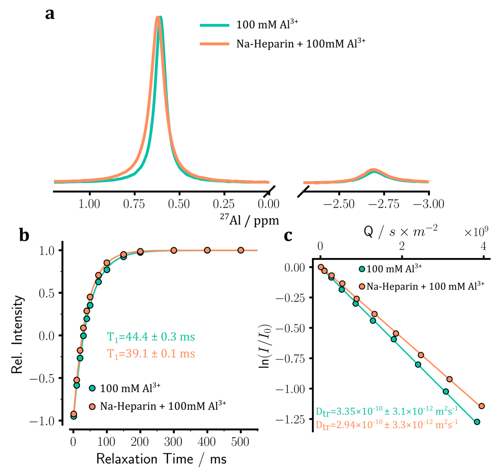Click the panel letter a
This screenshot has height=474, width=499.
pyautogui.click(x=50, y=14)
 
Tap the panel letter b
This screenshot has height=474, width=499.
pyautogui.click(x=24, y=235)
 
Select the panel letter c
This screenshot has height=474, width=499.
pyautogui.click(x=288, y=235)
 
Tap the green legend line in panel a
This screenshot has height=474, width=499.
pyautogui.click(x=214, y=25)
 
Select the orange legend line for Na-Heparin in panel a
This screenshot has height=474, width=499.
pyautogui.click(x=214, y=44)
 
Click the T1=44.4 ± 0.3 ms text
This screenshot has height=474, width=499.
pyautogui.click(x=151, y=337)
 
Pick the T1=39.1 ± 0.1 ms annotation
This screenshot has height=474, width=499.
pyautogui.click(x=151, y=354)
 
